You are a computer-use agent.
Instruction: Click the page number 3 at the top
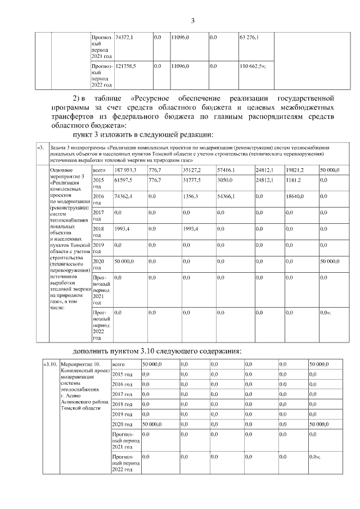[192, 22]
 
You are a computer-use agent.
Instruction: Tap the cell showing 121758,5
[127, 66]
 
